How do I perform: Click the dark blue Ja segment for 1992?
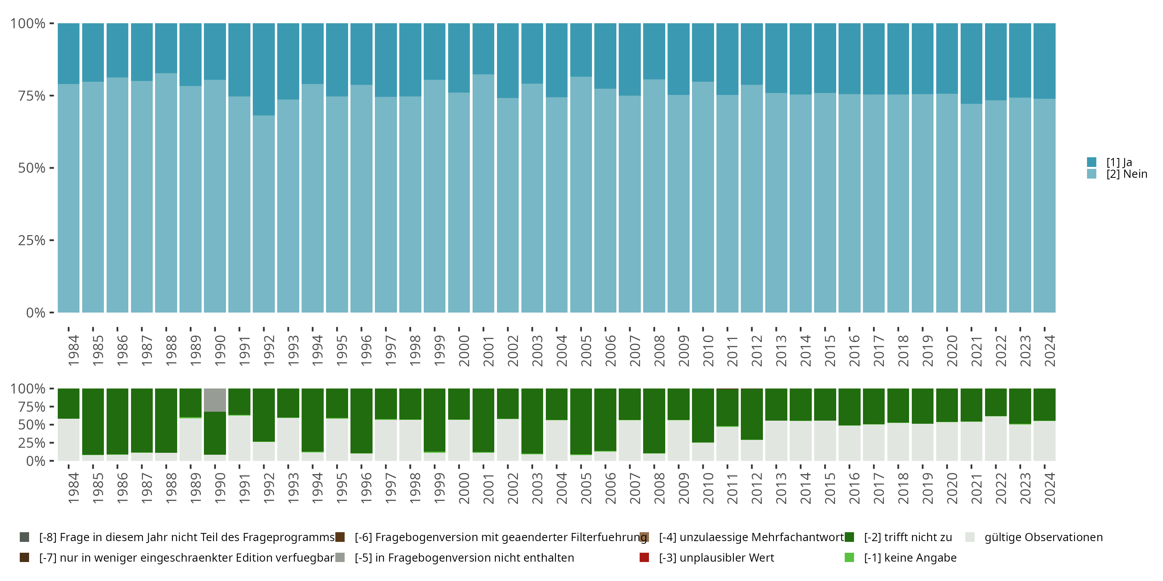click(264, 69)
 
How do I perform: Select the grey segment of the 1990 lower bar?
click(215, 400)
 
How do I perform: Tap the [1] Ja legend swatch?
click(1092, 162)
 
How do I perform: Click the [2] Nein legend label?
click(1127, 174)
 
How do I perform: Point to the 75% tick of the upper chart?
click(52, 96)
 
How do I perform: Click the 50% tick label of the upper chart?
click(32, 168)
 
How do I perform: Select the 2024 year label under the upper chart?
click(1049, 351)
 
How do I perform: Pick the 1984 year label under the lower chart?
click(73, 488)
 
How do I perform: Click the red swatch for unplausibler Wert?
click(644, 557)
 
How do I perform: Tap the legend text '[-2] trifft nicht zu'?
click(908, 537)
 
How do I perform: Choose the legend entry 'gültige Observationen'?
click(1043, 537)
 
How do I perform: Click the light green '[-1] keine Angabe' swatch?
click(849, 557)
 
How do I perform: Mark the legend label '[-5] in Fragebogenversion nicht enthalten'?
click(464, 557)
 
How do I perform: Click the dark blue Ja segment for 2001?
click(483, 49)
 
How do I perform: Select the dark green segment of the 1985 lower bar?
click(93, 421)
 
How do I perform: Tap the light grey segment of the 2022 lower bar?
click(996, 438)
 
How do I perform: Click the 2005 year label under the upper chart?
click(585, 351)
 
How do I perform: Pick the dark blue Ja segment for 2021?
click(971, 63)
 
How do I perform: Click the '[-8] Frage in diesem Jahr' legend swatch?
click(24, 537)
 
